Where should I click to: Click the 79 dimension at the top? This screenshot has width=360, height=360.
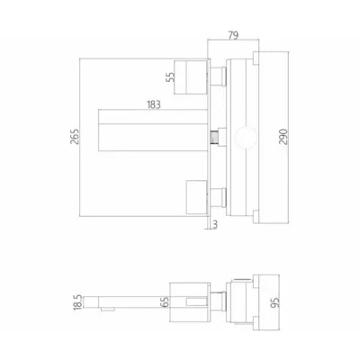coord(233,35)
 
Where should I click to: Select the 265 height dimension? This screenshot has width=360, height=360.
coord(75,137)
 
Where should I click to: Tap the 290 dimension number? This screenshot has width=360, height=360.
coord(283,137)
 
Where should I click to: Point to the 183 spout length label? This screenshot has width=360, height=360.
coord(154,104)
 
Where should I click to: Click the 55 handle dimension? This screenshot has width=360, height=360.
coord(170,77)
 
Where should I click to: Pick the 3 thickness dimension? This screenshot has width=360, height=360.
coord(215,225)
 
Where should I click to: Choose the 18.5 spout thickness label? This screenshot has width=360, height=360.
coord(77,302)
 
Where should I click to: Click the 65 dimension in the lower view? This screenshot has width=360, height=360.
coord(165,301)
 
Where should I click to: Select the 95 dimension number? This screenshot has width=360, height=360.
coord(274,302)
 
